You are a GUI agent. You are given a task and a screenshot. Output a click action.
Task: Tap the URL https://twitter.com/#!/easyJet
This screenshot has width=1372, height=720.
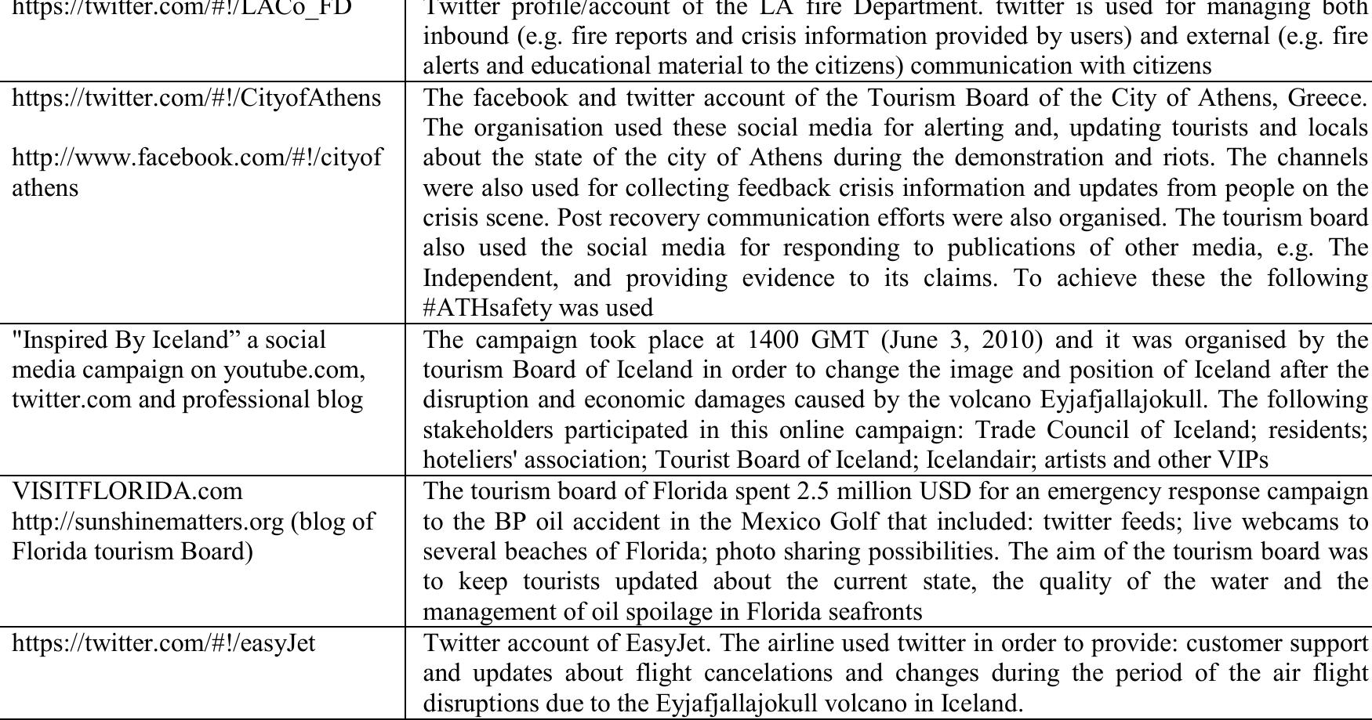tap(164, 643)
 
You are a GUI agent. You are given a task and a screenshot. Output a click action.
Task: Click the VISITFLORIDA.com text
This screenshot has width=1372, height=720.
tap(128, 491)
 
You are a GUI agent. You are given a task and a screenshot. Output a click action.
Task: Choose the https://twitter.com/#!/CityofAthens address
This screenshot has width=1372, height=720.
tap(197, 98)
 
